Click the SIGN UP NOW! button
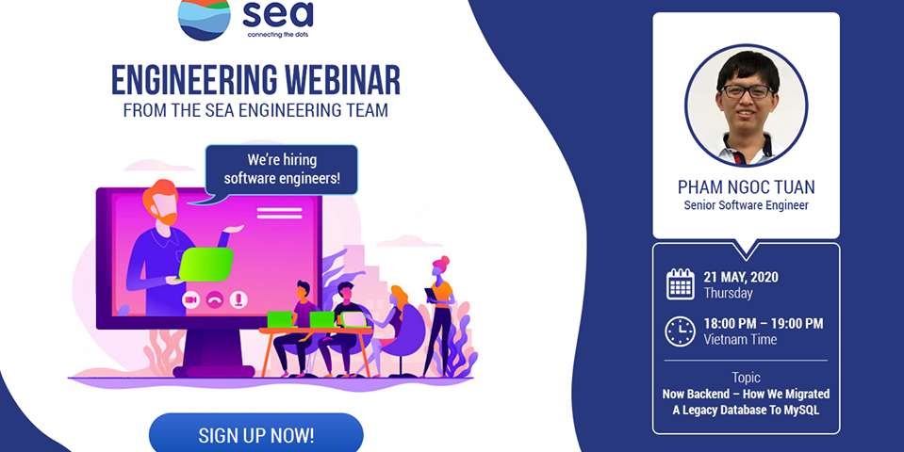tap(256, 433)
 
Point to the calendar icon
tap(681, 283)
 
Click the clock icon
tap(681, 331)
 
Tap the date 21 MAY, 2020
tap(741, 277)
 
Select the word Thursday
tap(728, 293)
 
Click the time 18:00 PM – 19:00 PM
tap(764, 324)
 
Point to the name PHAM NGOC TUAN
tap(746, 187)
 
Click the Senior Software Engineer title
tap(746, 205)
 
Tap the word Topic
tap(746, 378)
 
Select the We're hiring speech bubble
tap(282, 169)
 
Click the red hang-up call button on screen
tap(215, 299)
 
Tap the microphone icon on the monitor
tap(238, 299)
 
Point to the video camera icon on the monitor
tap(190, 299)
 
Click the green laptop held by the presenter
tap(205, 265)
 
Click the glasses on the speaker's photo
tap(748, 91)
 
